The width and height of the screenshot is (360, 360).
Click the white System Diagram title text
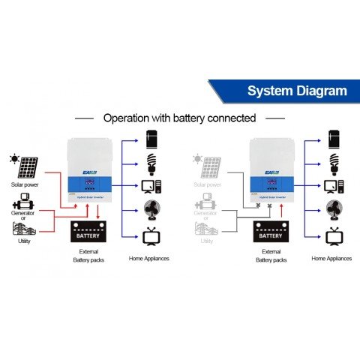(x=297, y=91)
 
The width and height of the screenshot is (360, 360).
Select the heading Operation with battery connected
(x=179, y=118)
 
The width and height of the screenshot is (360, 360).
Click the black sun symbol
(x=13, y=158)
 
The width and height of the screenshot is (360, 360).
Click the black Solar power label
(x=24, y=184)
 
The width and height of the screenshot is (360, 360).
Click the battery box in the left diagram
(x=88, y=234)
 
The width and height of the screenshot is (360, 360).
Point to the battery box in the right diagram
(x=271, y=234)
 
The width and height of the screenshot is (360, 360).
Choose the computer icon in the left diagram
(x=151, y=185)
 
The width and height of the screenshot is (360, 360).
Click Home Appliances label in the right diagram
(x=331, y=258)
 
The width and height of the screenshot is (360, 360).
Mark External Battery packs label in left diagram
(x=88, y=255)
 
